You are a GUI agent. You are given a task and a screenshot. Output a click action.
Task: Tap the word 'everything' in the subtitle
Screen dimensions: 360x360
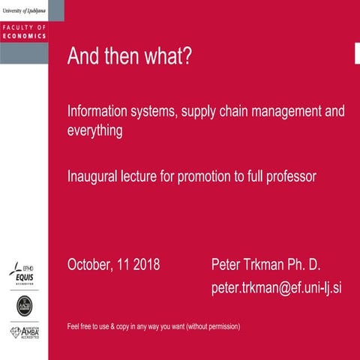pos(95,130)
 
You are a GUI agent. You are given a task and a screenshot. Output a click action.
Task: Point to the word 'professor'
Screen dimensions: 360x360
pos(291,177)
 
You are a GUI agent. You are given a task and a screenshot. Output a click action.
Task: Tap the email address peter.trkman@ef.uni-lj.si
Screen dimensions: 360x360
pos(276,288)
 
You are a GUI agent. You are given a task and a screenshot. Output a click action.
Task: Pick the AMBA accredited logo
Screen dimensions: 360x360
pos(24,332)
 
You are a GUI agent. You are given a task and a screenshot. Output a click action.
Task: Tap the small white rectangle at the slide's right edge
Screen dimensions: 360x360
pos(357,52)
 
